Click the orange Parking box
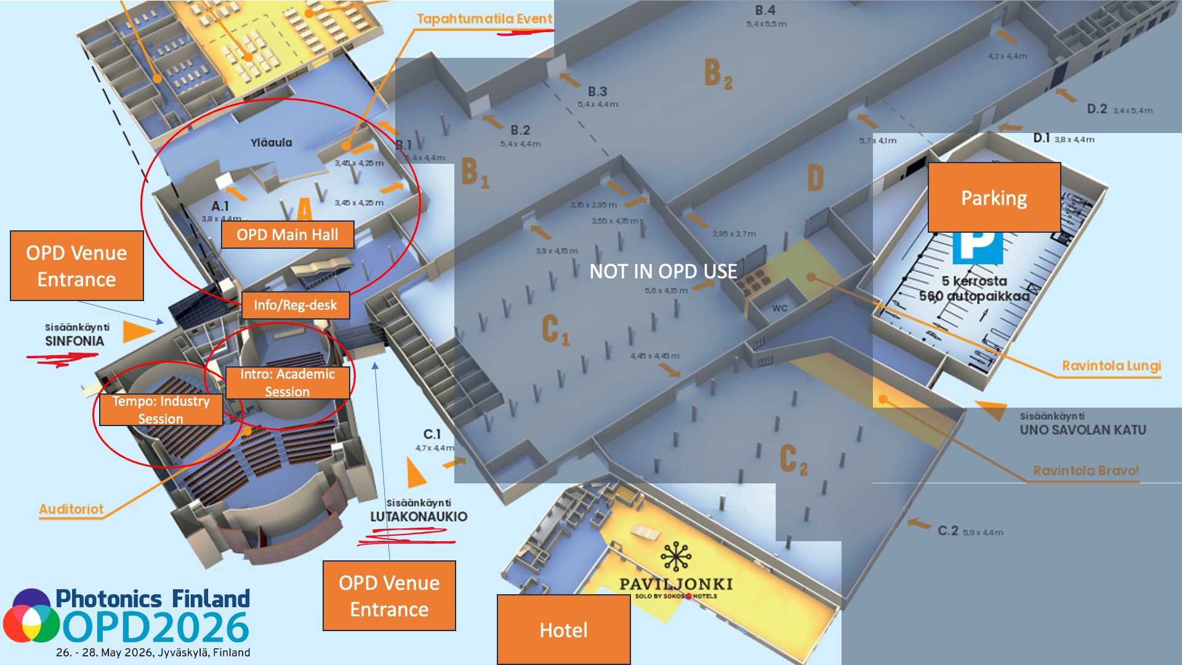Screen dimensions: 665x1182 click(994, 198)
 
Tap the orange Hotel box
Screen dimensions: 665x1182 click(563, 630)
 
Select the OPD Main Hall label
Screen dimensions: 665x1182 click(287, 235)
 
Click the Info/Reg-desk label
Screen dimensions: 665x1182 click(295, 305)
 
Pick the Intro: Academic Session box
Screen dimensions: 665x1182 click(287, 382)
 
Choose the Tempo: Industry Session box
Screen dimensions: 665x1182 click(161, 409)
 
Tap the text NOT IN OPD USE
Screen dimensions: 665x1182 click(663, 271)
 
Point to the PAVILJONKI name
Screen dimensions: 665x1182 click(676, 584)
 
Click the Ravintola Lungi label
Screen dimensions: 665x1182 click(1111, 366)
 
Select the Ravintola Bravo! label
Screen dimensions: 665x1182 click(1086, 470)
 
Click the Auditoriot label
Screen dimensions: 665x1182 click(71, 509)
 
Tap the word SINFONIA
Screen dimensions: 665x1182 click(74, 341)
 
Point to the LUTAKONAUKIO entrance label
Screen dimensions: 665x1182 click(419, 517)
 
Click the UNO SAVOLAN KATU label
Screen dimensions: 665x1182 click(1083, 430)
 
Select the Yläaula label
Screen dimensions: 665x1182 click(271, 142)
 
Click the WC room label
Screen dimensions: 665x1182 click(779, 308)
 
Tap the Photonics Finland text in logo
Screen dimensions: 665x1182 click(153, 598)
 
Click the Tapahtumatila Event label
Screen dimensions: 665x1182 click(484, 18)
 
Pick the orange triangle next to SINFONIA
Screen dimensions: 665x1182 click(137, 332)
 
